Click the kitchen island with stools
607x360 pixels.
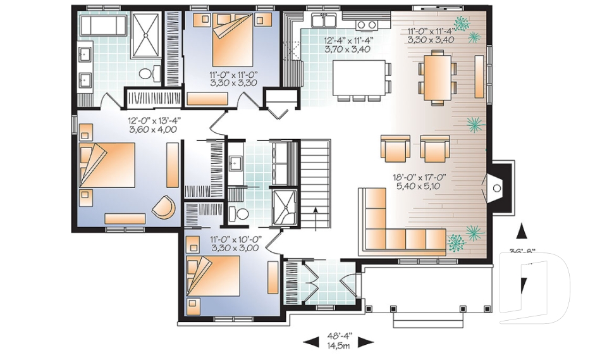(x=359, y=77)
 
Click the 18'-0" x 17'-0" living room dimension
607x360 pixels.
(x=418, y=182)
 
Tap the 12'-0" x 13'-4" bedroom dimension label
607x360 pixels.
(x=152, y=125)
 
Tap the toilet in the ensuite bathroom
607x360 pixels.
(x=146, y=74)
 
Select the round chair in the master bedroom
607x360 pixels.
(x=165, y=207)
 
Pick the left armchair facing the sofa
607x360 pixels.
(x=395, y=149)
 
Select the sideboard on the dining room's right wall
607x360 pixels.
(x=479, y=75)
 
